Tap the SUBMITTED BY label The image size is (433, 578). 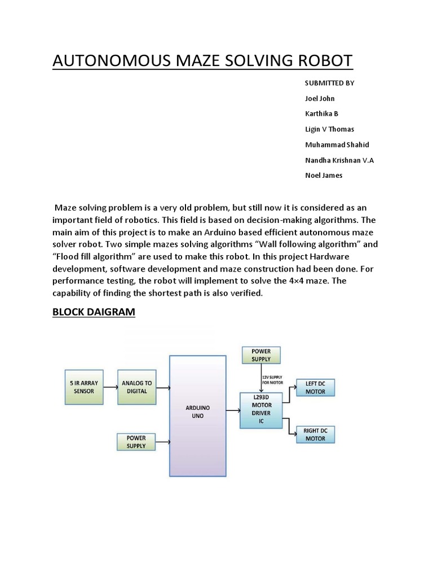(329, 83)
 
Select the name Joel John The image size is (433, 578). (320, 98)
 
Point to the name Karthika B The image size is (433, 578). (321, 113)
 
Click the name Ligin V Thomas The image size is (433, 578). (329, 129)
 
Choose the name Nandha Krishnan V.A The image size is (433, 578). (339, 160)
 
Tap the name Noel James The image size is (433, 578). (323, 175)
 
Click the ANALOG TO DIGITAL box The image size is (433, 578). (136, 387)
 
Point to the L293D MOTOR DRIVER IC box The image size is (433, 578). (261, 409)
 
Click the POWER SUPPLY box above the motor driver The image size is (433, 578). (261, 355)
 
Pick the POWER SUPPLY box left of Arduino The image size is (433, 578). (136, 442)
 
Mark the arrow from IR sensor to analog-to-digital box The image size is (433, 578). (111, 387)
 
